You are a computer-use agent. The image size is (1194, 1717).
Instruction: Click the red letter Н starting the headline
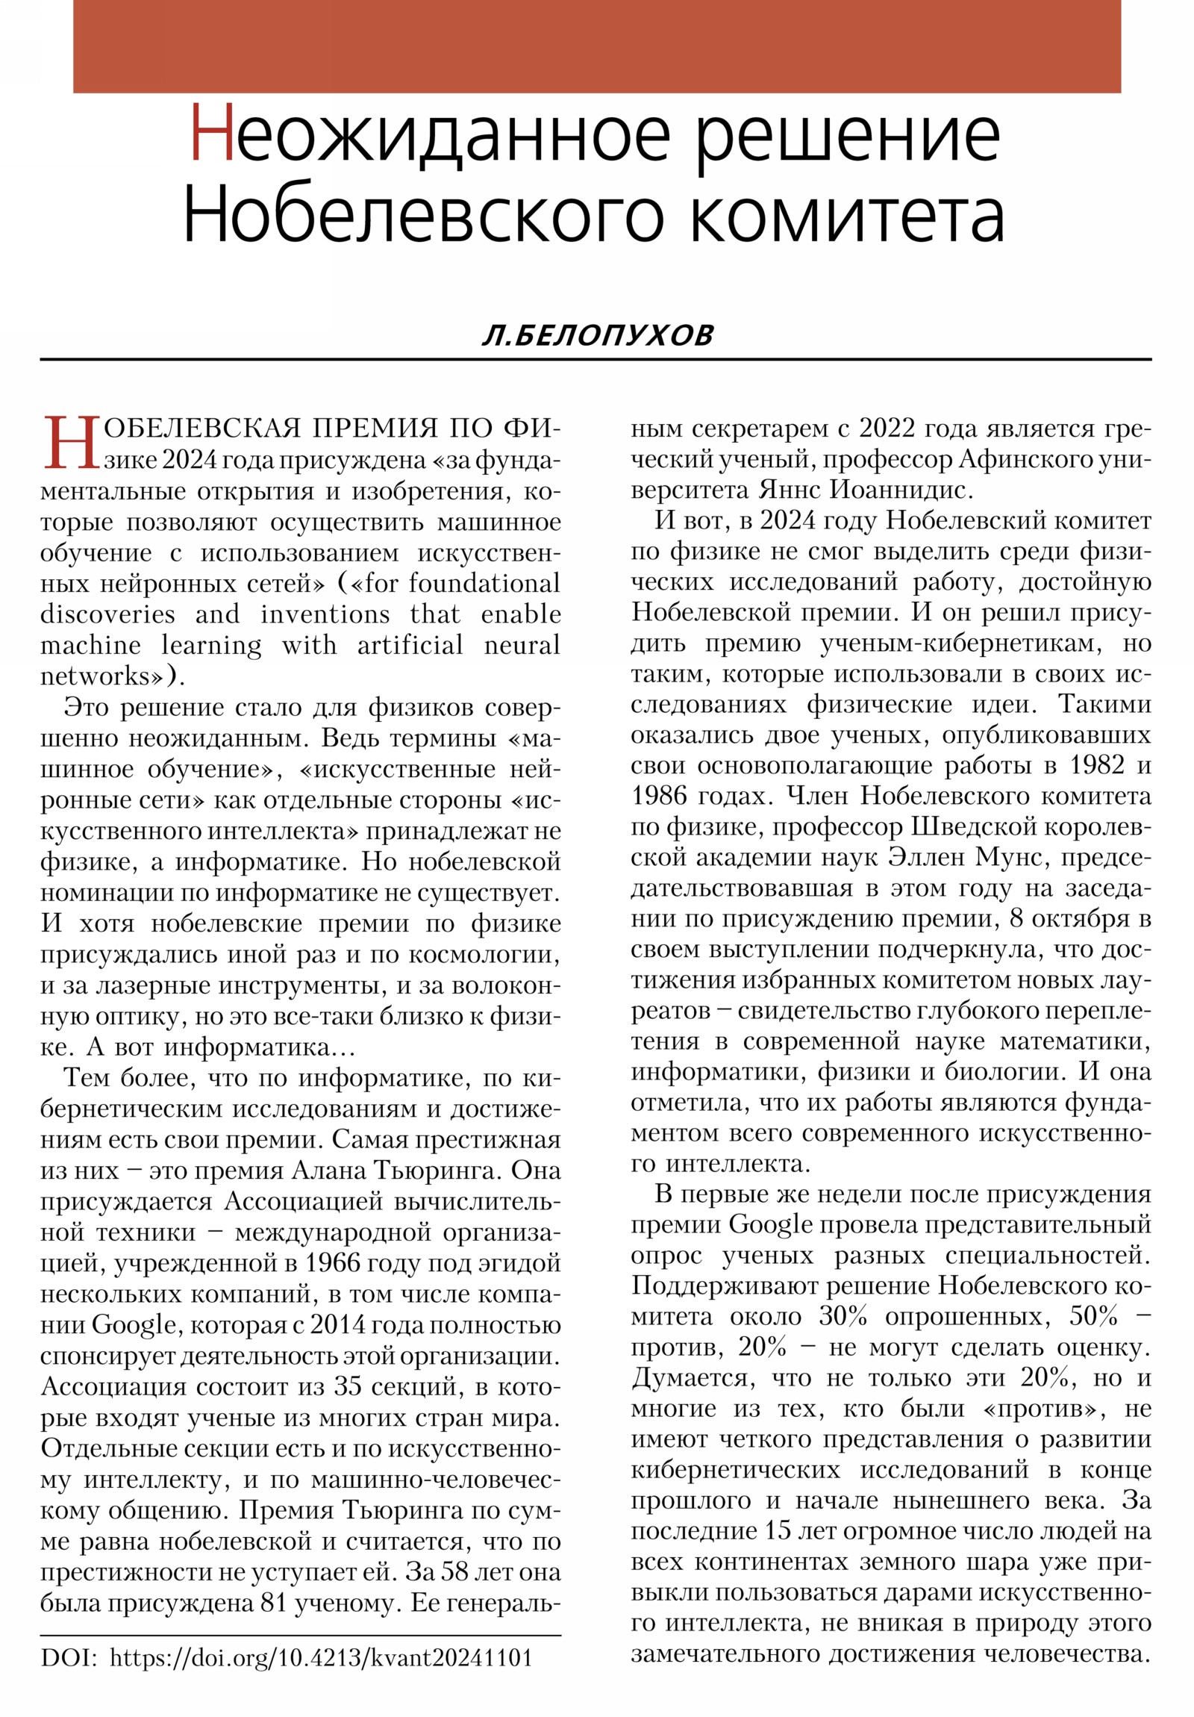(x=213, y=135)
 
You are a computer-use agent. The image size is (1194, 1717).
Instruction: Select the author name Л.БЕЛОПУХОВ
(x=598, y=336)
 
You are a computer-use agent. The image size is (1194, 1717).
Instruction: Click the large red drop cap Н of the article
(x=72, y=443)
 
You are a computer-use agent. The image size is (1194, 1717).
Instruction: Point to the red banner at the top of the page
(x=596, y=46)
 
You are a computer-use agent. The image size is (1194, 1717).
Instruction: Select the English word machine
(x=90, y=645)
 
